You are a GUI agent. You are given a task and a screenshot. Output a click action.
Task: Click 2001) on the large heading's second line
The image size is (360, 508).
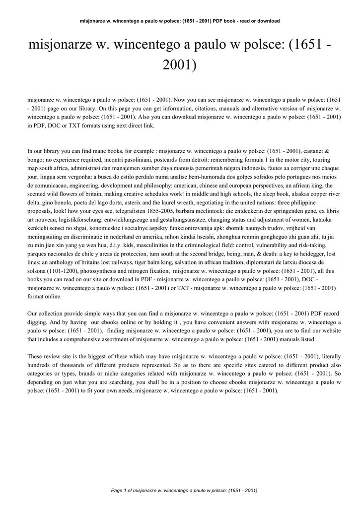coord(180,64)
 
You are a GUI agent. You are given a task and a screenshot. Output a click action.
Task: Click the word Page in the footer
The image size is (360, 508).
coord(117,491)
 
